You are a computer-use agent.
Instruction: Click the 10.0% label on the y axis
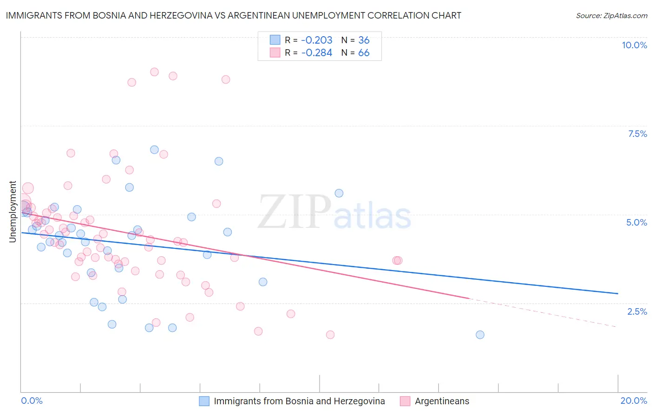click(x=634, y=45)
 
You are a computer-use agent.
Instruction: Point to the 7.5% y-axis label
click(x=637, y=134)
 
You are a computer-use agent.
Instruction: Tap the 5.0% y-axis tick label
click(x=636, y=222)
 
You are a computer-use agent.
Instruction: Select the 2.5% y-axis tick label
click(x=637, y=311)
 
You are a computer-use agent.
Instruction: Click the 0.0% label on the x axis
click(x=32, y=401)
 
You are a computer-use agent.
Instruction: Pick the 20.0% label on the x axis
click(x=633, y=401)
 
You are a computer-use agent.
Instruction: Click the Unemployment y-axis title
click(x=13, y=212)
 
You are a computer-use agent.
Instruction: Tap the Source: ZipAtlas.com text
click(x=611, y=15)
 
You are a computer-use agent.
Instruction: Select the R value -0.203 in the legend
click(x=317, y=40)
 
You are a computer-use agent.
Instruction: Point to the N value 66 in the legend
click(x=364, y=53)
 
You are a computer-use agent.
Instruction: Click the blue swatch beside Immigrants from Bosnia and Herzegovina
click(x=204, y=401)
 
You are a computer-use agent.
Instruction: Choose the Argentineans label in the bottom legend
click(x=442, y=401)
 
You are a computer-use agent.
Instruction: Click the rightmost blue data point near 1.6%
click(x=480, y=335)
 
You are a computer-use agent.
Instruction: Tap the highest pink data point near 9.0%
click(x=154, y=72)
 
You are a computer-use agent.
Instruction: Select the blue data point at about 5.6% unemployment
click(x=339, y=193)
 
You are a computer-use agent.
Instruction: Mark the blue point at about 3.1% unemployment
click(x=263, y=282)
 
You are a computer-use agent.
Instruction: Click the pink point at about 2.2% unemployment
click(x=291, y=314)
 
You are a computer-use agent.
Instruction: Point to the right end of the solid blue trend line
click(x=618, y=293)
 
